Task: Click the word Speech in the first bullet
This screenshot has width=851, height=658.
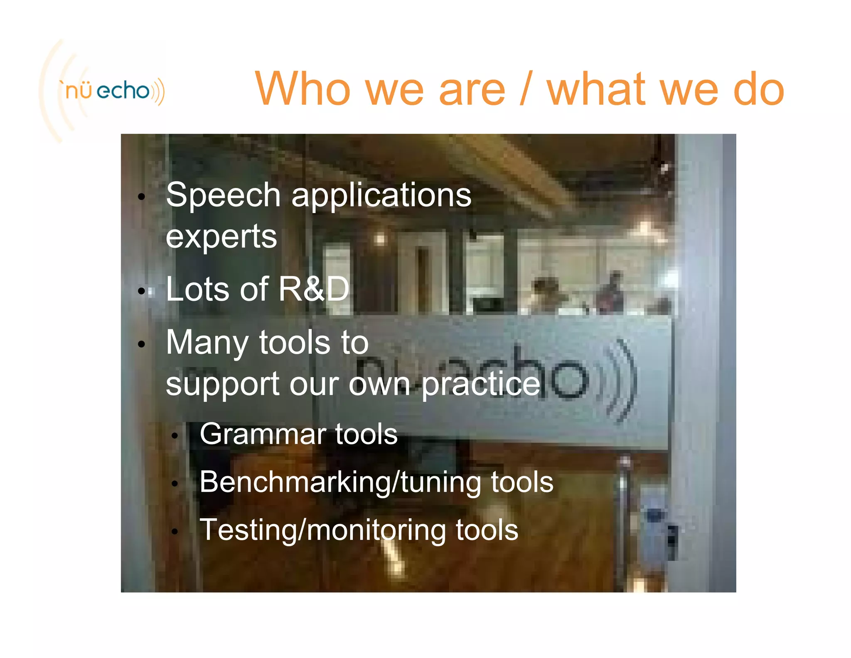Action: tap(223, 195)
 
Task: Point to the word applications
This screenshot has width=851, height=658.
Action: tap(381, 195)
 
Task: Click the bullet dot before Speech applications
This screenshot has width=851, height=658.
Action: tap(142, 197)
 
